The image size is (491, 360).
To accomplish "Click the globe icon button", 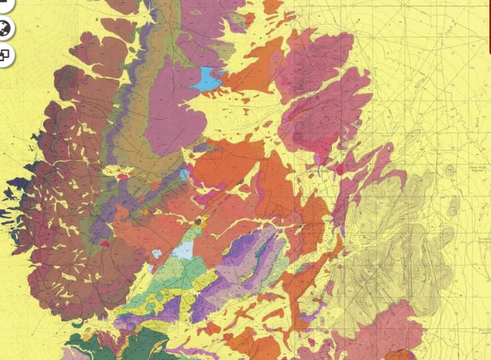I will (6, 29).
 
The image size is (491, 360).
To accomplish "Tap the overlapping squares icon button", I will (5, 55).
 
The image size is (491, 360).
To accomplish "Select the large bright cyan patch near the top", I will (207, 78).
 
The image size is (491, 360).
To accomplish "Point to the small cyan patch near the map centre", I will (185, 174).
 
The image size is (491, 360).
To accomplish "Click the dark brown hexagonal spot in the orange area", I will (199, 221).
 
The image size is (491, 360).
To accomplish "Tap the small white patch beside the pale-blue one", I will (157, 254).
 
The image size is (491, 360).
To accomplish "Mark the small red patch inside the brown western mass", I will (104, 245).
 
